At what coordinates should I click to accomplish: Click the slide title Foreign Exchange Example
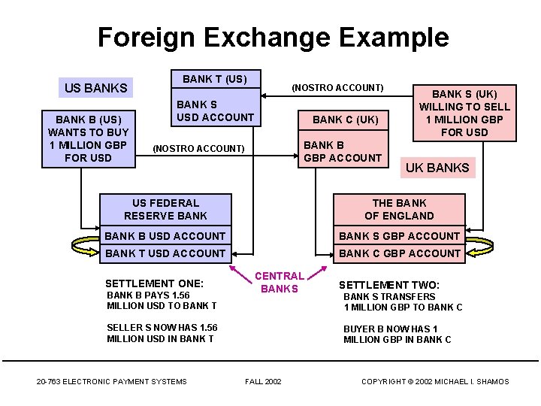274,38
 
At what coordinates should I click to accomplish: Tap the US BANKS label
95,88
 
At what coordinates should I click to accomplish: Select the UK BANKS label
437,168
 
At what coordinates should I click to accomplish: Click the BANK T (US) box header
216,79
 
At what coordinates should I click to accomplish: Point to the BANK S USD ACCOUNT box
216,108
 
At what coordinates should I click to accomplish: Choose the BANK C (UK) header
343,120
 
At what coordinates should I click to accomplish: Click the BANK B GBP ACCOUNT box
343,149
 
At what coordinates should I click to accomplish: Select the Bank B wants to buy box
89,139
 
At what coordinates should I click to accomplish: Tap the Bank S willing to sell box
464,114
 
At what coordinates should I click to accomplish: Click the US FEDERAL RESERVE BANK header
165,210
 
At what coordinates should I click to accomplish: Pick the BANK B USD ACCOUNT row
165,236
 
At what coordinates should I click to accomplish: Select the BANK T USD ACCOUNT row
165,254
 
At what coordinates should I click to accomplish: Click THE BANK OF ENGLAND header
399,210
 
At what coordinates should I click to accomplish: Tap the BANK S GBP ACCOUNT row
399,236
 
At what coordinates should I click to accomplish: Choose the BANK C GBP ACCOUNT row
399,254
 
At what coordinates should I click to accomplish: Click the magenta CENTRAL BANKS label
279,282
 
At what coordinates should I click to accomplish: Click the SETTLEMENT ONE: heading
154,283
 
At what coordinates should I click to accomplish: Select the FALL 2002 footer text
263,381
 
